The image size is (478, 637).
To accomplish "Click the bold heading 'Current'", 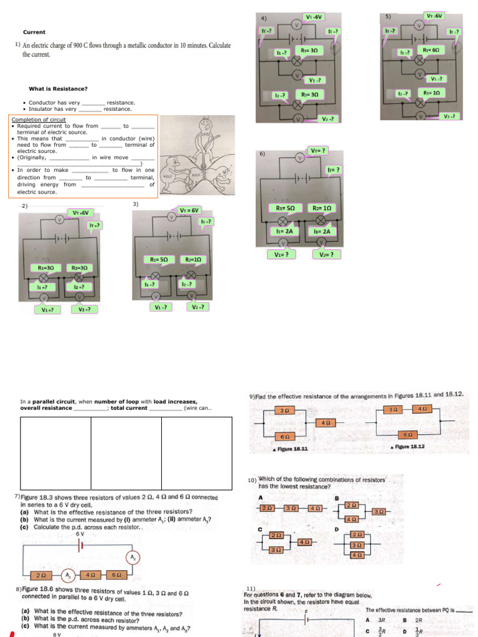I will pos(34,32).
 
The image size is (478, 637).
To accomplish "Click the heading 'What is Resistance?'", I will pos(58,88).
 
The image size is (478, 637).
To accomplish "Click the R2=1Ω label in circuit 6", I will pos(322,208).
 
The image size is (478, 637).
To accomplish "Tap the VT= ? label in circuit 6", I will pos(318,150).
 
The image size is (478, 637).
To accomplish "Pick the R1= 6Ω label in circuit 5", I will pos(431,50).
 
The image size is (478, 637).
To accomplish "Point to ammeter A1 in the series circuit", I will pos(70,574).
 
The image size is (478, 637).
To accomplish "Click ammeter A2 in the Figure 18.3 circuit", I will pos(133,556).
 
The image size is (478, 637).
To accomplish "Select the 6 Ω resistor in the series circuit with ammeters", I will pos(115,574).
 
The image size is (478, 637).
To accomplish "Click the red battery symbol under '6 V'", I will pos(80,545).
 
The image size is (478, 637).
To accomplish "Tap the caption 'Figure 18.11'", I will pos(290,448).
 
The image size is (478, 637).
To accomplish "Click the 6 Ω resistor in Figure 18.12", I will pos(407,434).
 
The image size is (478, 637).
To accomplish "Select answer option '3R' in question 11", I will pos(381,620).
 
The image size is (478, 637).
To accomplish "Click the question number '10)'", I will pos(252,480).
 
